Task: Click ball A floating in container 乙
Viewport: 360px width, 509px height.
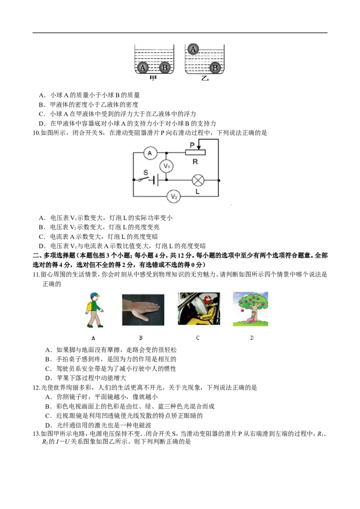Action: point(193,49)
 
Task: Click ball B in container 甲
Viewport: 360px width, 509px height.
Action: point(165,67)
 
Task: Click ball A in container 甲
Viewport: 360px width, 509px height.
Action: point(143,67)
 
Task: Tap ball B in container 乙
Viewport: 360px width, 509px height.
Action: point(215,68)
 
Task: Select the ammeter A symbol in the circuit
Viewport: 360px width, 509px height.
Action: point(150,153)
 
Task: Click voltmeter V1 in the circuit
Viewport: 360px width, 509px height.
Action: point(166,166)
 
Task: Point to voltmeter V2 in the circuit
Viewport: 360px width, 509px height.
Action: point(174,196)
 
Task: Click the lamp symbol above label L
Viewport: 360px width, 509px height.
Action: point(198,180)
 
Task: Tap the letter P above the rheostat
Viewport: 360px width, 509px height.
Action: point(192,145)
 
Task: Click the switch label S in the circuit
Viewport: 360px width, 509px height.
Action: point(145,172)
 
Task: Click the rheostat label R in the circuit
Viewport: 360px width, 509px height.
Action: point(195,161)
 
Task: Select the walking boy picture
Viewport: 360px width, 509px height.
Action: point(94,310)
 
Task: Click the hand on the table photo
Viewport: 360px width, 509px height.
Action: point(143,310)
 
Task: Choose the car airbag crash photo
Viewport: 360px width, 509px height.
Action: point(199,308)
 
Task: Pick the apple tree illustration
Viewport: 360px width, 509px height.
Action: point(251,309)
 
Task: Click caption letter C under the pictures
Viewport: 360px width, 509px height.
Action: point(198,338)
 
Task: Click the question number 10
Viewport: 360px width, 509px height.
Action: point(36,133)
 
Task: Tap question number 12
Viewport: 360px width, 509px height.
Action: point(36,388)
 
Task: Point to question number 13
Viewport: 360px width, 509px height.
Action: point(36,434)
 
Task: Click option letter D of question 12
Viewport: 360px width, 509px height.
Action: point(48,425)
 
